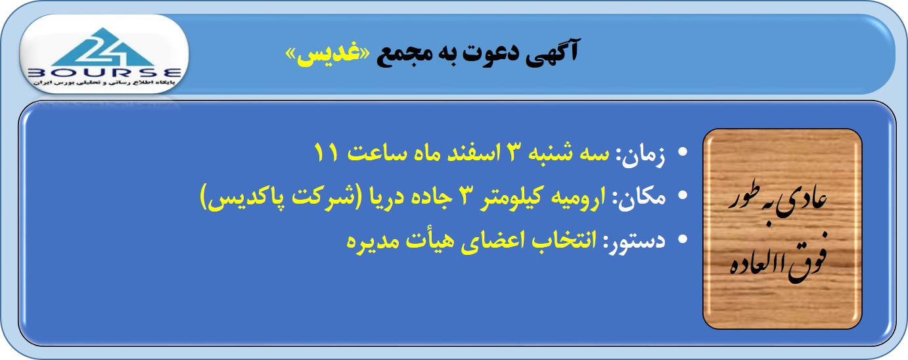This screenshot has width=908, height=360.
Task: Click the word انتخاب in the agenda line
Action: point(564,240)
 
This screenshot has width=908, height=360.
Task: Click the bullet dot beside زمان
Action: point(683,152)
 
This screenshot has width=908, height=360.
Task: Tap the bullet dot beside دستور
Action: point(683,239)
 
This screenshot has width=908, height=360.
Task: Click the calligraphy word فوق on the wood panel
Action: point(807,263)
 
